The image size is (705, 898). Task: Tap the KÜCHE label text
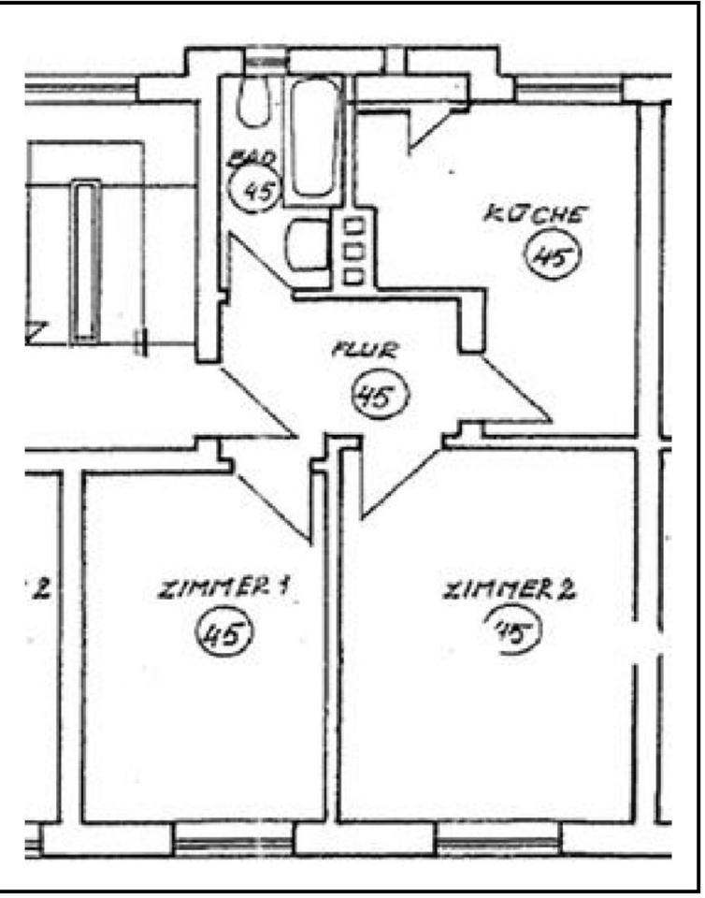click(x=535, y=213)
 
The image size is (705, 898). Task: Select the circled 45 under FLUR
click(x=380, y=397)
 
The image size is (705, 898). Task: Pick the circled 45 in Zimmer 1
click(x=223, y=636)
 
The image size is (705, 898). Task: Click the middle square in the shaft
click(x=353, y=251)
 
